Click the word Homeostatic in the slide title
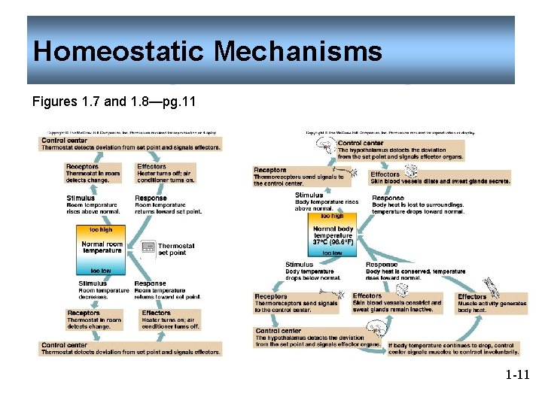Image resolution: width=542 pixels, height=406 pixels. pyautogui.click(x=120, y=52)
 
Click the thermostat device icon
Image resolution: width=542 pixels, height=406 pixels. pyautogui.click(x=148, y=248)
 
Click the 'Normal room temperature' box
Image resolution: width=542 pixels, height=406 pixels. pyautogui.click(x=102, y=247)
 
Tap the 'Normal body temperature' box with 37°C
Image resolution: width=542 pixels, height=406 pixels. pyautogui.click(x=333, y=235)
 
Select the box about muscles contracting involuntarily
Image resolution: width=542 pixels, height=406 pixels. pyautogui.click(x=452, y=348)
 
